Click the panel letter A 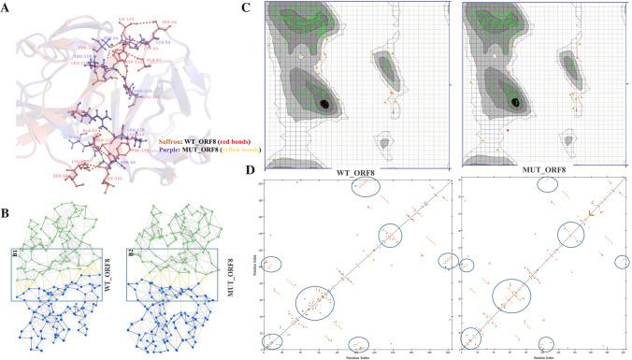(7, 7)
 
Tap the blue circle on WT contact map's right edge (448, 261)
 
